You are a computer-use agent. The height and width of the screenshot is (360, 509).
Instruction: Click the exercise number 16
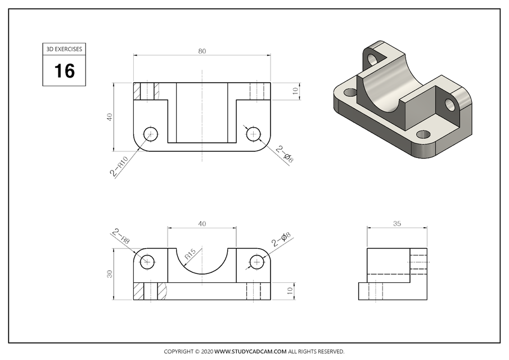pos(64,71)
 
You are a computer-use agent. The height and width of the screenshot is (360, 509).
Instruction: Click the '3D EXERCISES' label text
pos(64,49)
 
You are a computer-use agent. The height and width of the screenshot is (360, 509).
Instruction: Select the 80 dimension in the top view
pos(202,51)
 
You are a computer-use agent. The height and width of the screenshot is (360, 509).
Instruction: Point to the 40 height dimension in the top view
pos(110,117)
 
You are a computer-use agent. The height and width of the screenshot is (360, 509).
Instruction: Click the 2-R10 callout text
pos(119,168)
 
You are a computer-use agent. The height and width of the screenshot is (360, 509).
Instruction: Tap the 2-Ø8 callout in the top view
pos(285,155)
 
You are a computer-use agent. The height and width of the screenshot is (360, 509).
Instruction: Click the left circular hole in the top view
pos(150,134)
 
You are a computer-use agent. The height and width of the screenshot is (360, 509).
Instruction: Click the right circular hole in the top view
pos(253,134)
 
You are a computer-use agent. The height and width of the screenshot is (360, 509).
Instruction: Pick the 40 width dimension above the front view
pos(202,223)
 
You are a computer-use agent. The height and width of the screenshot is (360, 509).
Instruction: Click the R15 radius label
pos(190,254)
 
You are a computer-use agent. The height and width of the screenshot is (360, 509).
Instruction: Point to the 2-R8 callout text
pos(121,236)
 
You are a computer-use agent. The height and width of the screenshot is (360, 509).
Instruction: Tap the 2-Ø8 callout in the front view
pos(281,240)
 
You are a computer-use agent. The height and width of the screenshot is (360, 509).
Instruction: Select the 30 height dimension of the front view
pos(110,274)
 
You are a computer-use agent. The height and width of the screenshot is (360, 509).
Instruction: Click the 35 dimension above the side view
pos(397,223)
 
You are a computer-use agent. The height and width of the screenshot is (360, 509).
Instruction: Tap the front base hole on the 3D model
pos(423,134)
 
